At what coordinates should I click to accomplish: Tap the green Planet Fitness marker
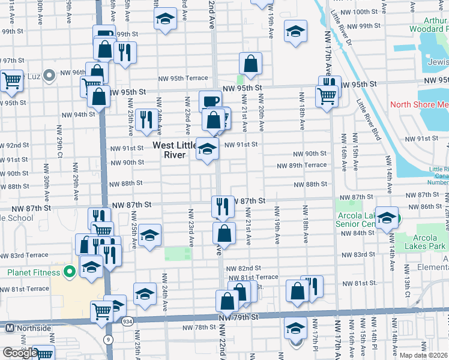coord(70,272)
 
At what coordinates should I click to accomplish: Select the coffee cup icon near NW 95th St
coord(210,101)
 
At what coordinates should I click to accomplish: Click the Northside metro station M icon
coord(9,328)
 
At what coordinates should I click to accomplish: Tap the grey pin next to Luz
coord(49,76)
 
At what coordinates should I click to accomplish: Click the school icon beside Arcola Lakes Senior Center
coord(387,219)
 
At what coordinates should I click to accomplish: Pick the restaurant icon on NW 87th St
coord(223,206)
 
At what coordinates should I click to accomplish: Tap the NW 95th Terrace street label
coord(183,78)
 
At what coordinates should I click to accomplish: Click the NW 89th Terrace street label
coord(301,165)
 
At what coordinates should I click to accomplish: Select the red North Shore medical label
coord(419,104)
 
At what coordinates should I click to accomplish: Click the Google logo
coord(19,353)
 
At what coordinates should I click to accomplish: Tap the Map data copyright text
coord(424,355)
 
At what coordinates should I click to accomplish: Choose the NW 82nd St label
coord(245,268)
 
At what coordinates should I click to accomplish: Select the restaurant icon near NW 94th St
coord(146,119)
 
